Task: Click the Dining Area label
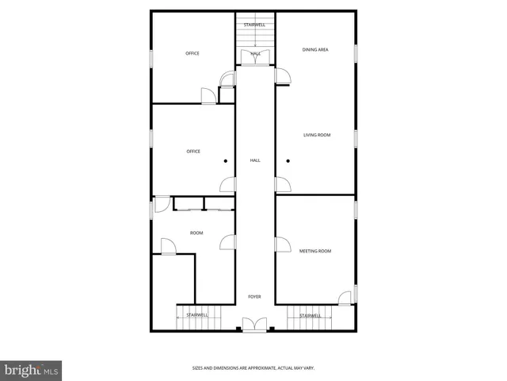[315, 50]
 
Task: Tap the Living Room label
[317, 135]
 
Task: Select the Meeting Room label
[315, 251]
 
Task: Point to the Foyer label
[255, 297]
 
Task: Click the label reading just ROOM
[196, 233]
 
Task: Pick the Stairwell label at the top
[255, 25]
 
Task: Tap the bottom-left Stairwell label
[197, 315]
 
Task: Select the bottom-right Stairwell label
[311, 315]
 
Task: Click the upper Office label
[193, 53]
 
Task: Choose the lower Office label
[193, 151]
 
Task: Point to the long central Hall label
[255, 160]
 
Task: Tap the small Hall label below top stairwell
[256, 53]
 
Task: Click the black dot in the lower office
[225, 161]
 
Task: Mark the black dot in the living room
[288, 161]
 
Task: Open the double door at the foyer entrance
[255, 325]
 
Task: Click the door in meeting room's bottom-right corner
[345, 298]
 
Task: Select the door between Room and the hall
[227, 242]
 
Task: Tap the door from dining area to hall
[283, 76]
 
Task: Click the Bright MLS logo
[31, 370]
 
